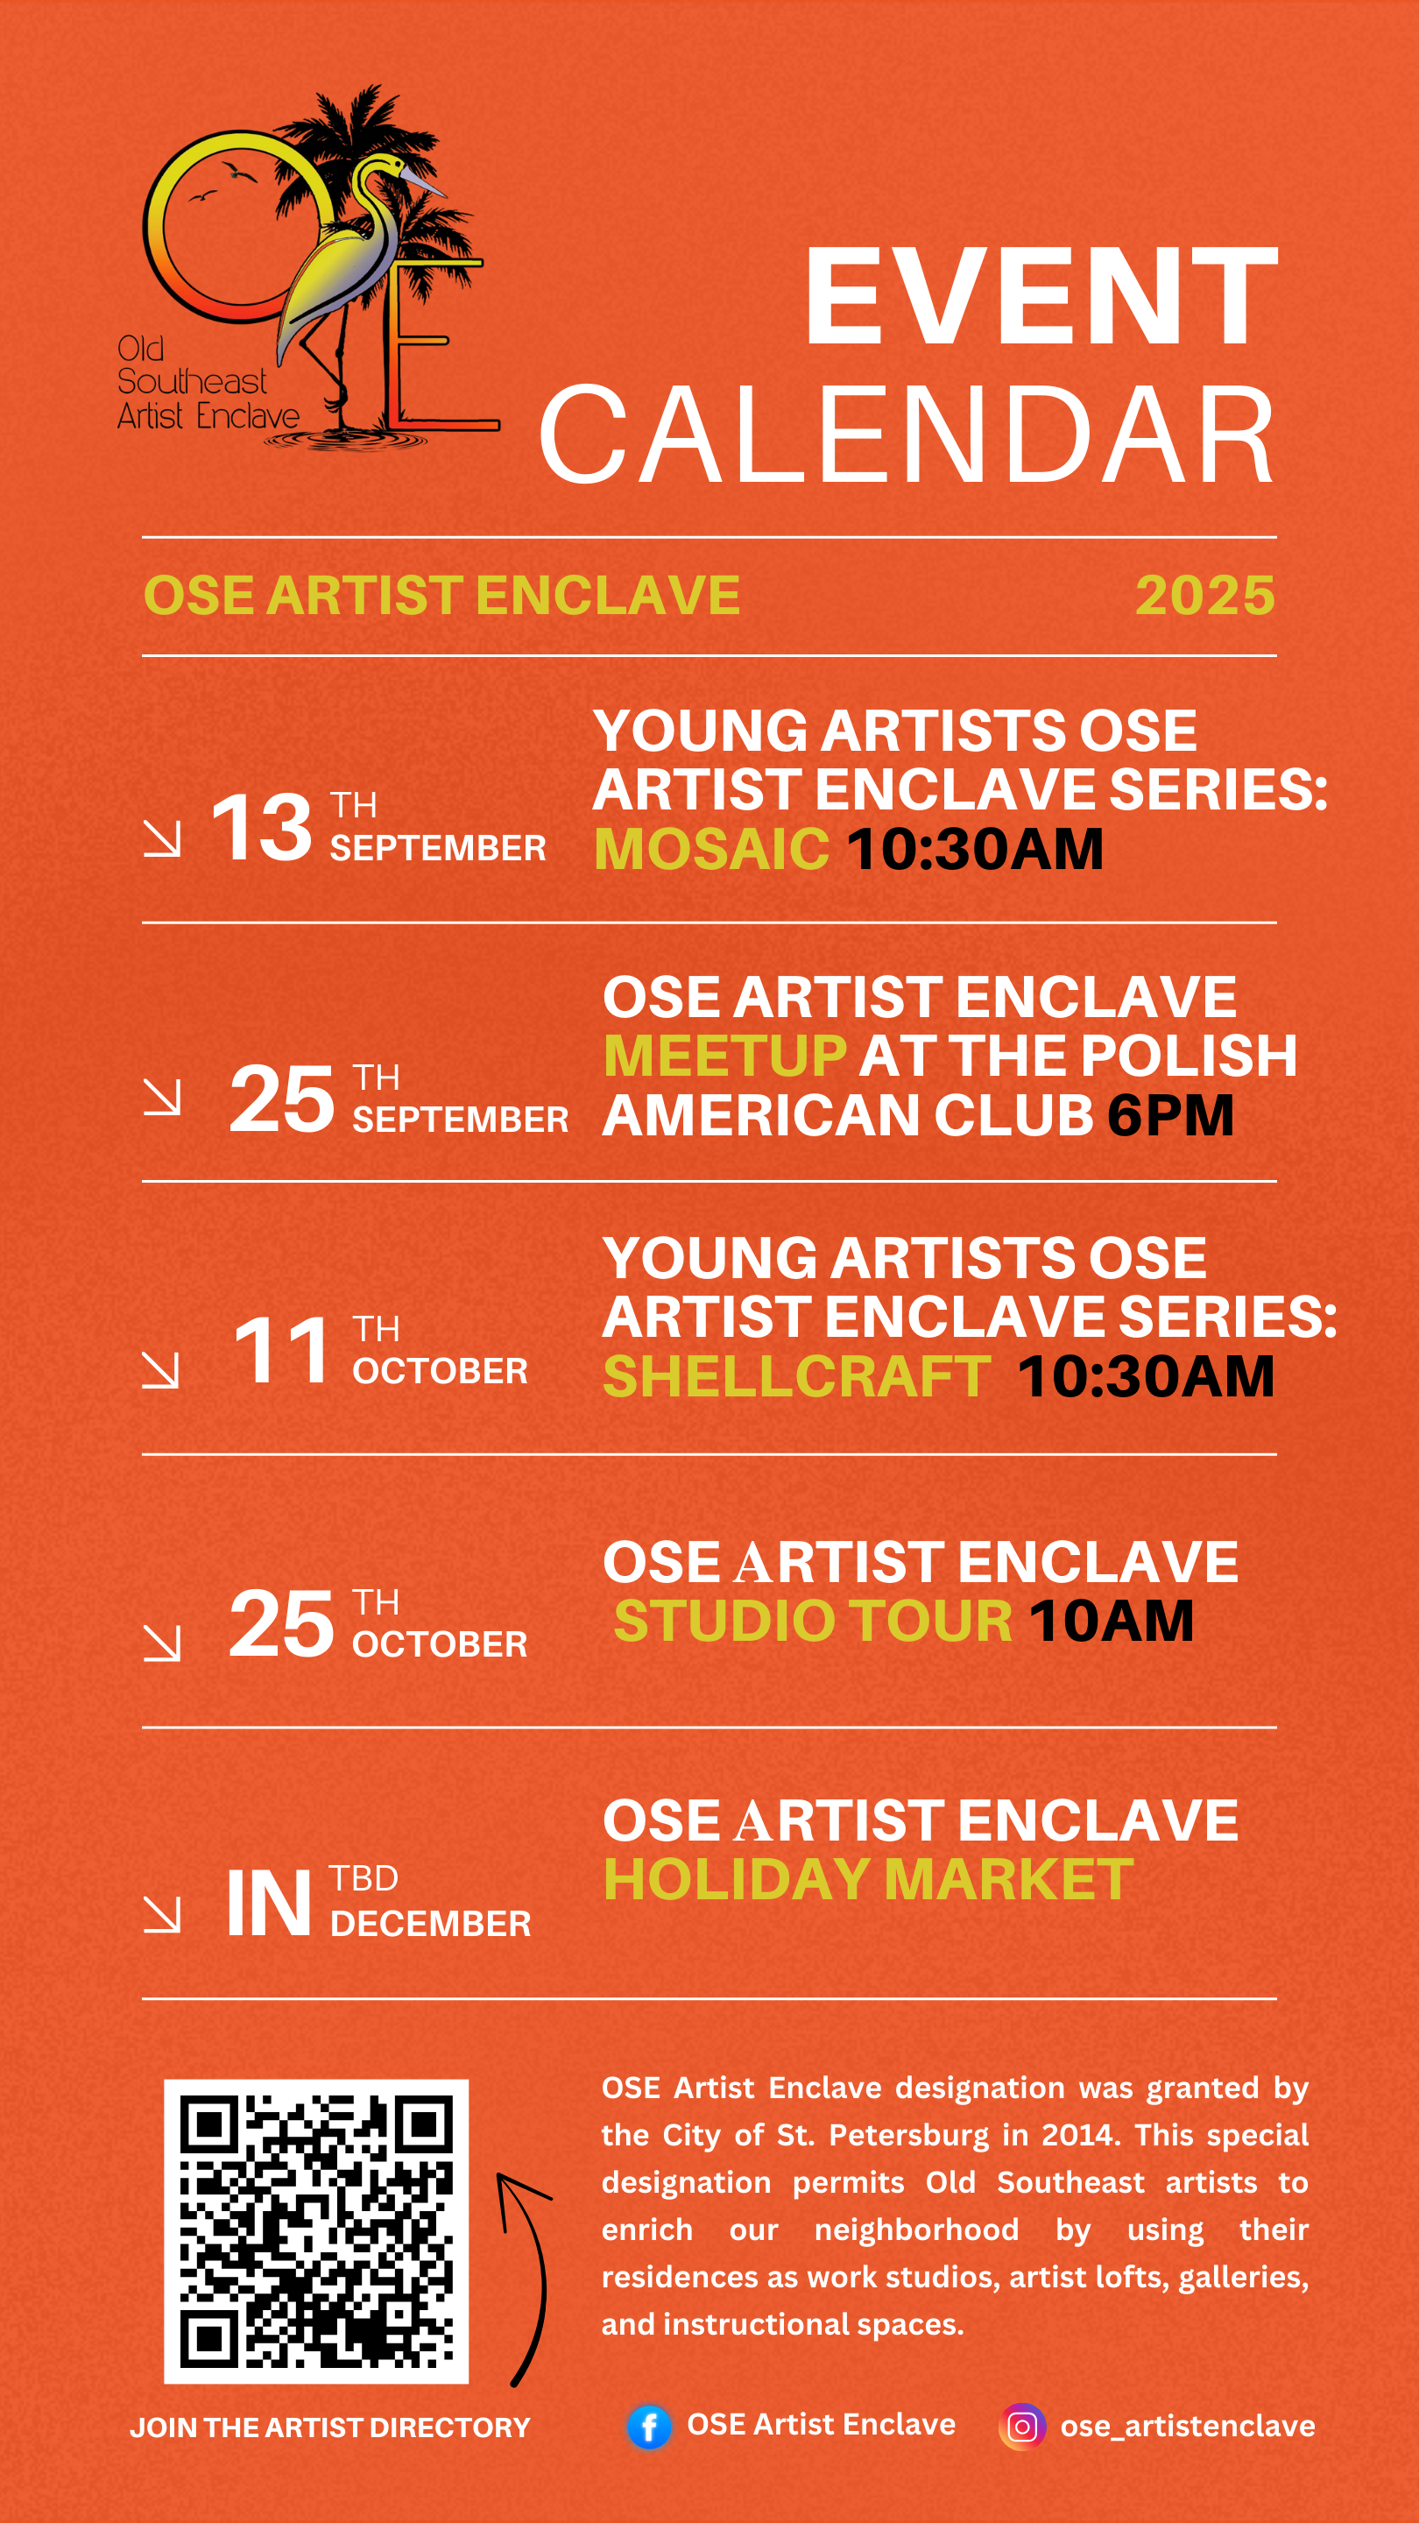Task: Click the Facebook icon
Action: tap(649, 2427)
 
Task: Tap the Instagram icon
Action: tap(1021, 2427)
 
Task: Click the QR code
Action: tap(316, 2231)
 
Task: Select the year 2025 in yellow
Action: tap(1204, 596)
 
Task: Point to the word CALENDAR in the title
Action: tap(907, 435)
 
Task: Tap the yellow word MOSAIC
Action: tap(712, 848)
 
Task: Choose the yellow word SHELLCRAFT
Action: tap(796, 1376)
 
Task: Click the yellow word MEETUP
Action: tap(724, 1056)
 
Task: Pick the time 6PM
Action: tap(1170, 1115)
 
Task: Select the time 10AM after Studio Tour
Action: tap(1112, 1621)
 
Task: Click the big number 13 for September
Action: tap(262, 828)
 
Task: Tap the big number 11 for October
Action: tap(282, 1351)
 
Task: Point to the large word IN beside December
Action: tap(269, 1903)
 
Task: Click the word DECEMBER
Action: tap(431, 1924)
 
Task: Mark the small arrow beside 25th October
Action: tap(161, 1643)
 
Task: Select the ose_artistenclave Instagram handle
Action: tap(1188, 2426)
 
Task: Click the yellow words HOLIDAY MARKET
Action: tap(869, 1879)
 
